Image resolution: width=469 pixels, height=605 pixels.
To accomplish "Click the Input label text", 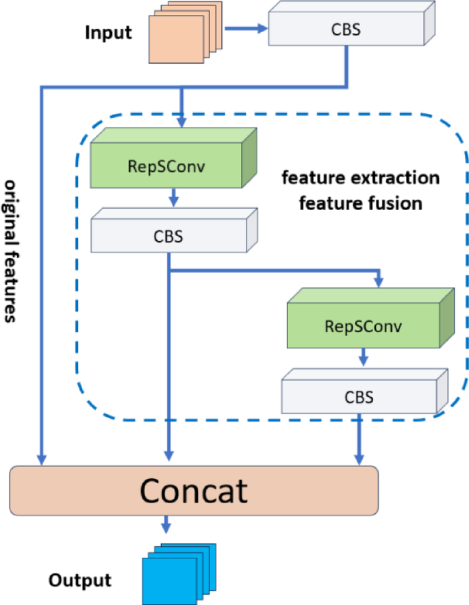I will (x=108, y=33).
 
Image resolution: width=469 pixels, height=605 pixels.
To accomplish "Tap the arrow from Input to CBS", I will (x=246, y=29).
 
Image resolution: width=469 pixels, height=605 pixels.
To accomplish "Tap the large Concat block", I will (x=194, y=490).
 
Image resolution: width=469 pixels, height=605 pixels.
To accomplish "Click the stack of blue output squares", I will (x=179, y=572).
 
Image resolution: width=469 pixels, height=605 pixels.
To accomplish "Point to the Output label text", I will (x=79, y=580).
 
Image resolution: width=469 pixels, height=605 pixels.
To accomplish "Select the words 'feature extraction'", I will (x=361, y=179).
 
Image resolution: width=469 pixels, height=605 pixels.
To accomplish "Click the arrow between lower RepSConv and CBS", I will (x=364, y=357).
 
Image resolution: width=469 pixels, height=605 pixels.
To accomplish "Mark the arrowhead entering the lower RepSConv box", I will (x=378, y=282).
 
